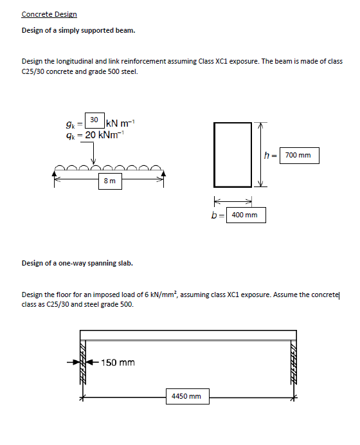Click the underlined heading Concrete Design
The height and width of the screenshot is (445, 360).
click(49, 14)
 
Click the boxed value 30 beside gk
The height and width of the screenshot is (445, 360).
click(94, 120)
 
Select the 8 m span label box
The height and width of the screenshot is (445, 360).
click(109, 181)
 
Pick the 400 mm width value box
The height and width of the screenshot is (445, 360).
click(244, 215)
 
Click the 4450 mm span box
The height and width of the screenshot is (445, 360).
click(186, 396)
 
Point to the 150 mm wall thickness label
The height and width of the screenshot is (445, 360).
click(118, 363)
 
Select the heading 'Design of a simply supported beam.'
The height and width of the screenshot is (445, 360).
click(78, 30)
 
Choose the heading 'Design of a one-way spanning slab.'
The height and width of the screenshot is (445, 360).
click(77, 263)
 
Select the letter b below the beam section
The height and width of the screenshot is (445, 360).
click(217, 215)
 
